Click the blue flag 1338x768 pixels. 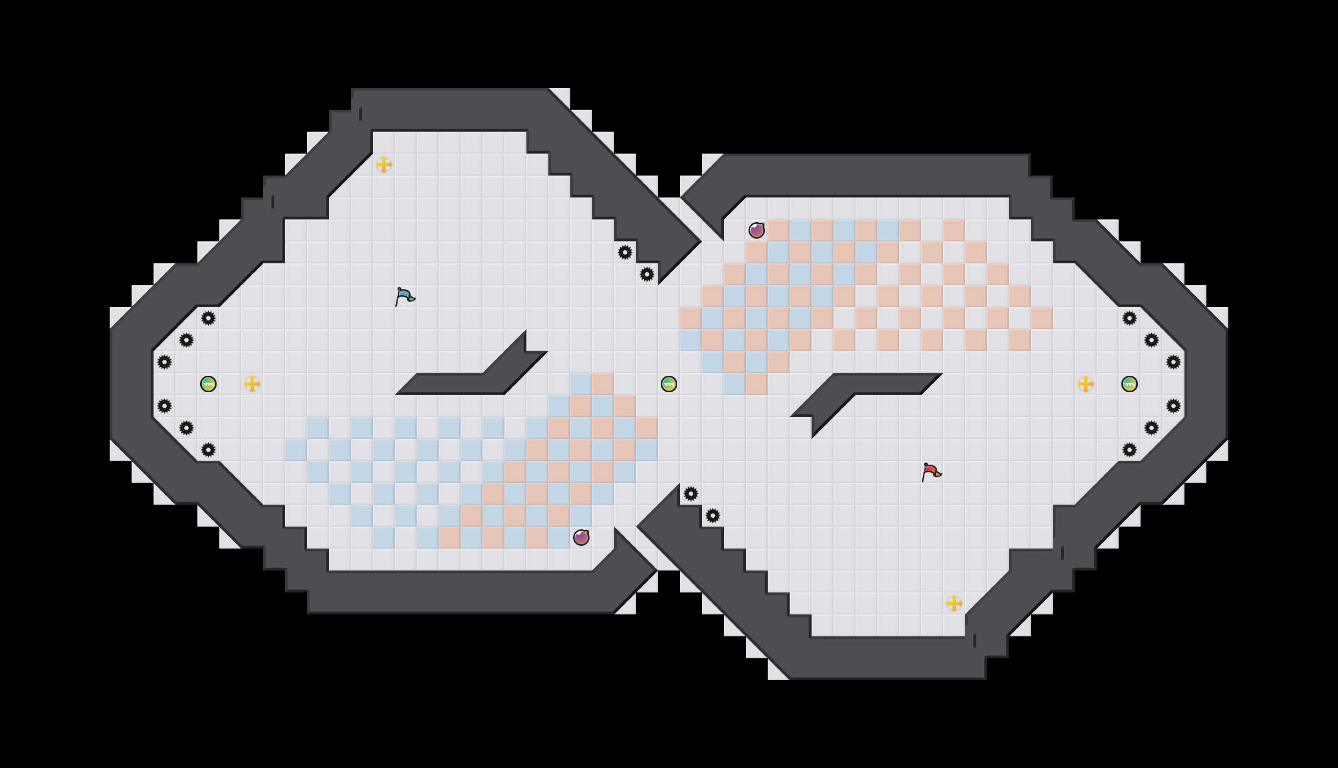click(405, 296)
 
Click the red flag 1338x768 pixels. click(931, 472)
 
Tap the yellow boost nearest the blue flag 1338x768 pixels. click(384, 165)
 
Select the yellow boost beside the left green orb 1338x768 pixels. click(252, 384)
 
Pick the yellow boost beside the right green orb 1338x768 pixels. click(1086, 384)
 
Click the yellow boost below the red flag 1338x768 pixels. click(954, 603)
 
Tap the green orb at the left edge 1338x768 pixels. click(208, 384)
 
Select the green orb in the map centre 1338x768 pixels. click(669, 384)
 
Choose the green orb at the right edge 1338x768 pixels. click(1130, 384)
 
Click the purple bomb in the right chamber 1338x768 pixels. click(757, 230)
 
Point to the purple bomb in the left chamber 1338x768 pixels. click(581, 538)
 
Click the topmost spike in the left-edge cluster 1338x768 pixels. click(208, 318)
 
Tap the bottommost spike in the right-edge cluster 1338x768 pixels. click(1130, 450)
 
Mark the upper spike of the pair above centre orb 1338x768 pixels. click(625, 252)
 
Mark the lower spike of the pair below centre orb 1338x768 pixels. click(713, 516)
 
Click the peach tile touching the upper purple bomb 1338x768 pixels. click(779, 230)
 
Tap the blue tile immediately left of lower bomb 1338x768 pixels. click(559, 538)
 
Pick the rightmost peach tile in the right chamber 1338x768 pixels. click(1042, 318)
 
